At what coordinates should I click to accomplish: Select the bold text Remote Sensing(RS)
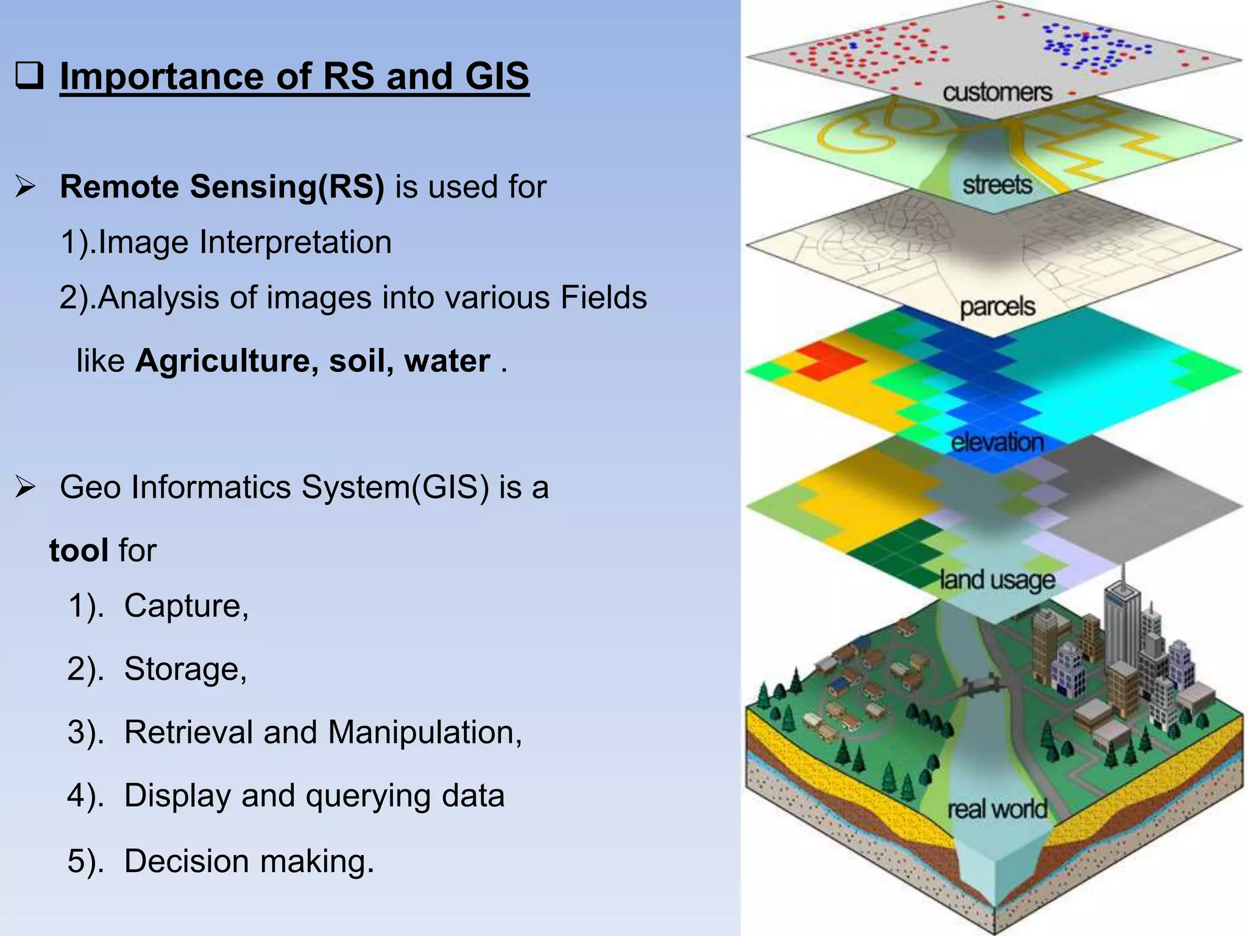[x=222, y=186]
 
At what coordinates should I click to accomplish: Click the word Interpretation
[x=295, y=242]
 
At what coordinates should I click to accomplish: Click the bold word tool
[x=79, y=550]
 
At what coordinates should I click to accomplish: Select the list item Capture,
[x=186, y=606]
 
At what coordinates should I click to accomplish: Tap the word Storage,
[x=185, y=669]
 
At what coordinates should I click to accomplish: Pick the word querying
[x=367, y=795]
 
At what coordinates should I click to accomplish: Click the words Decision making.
[x=249, y=861]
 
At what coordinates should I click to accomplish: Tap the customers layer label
[x=997, y=93]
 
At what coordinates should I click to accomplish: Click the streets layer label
[x=997, y=184]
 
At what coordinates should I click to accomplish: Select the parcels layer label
[x=997, y=307]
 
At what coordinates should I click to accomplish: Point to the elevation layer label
[x=997, y=442]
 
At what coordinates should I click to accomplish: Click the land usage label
[x=997, y=580]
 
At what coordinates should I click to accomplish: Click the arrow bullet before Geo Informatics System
[x=26, y=487]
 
